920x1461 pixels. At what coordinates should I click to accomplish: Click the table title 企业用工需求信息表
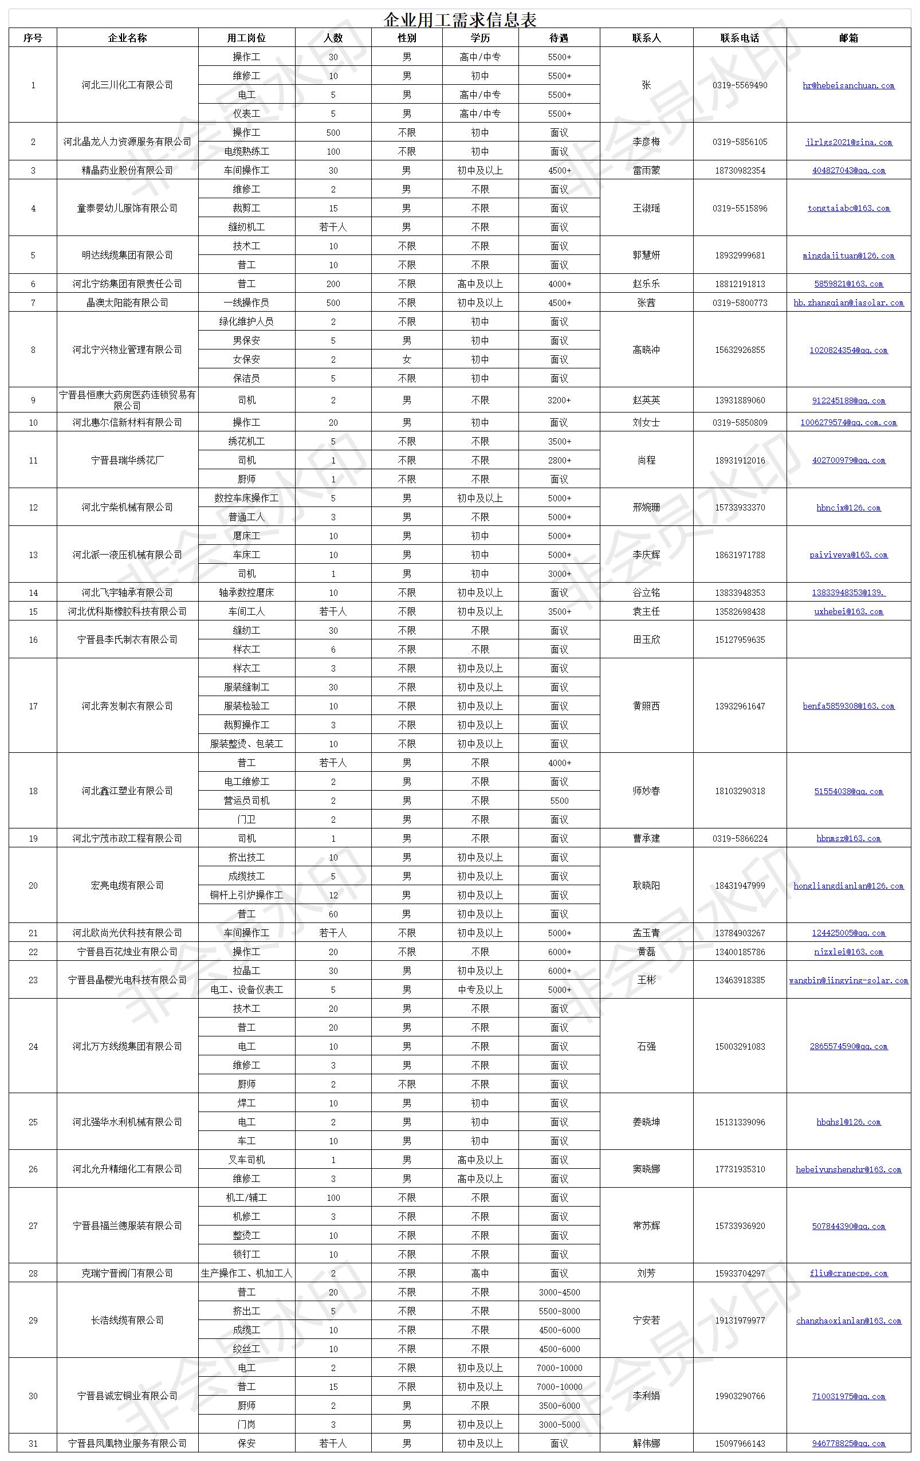pos(459,20)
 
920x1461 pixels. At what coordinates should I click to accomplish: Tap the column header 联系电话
pos(740,38)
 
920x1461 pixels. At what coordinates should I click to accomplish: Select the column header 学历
pos(479,38)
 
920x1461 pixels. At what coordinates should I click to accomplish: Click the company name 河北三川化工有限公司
pos(127,85)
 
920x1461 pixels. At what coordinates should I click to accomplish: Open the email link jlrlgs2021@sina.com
pos(848,143)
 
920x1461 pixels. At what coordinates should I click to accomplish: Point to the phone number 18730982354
pos(740,171)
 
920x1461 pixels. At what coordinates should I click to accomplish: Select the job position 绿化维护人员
pos(246,321)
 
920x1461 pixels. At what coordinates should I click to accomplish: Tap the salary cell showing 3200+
pos(559,400)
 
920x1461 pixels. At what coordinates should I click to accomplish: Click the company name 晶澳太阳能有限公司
pos(127,303)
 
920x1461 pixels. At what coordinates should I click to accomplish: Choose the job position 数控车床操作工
pos(246,498)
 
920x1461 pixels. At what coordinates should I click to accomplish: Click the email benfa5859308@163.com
pos(848,706)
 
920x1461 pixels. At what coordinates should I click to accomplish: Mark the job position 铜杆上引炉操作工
pos(246,895)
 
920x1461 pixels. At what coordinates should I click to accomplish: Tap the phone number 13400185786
pos(740,952)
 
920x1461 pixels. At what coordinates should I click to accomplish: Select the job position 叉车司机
pos(246,1160)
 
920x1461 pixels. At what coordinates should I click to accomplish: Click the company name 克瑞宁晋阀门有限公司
pos(127,1274)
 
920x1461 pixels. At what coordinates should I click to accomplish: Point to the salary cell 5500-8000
pos(559,1311)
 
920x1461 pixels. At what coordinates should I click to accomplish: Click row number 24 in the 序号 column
pos(33,1047)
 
